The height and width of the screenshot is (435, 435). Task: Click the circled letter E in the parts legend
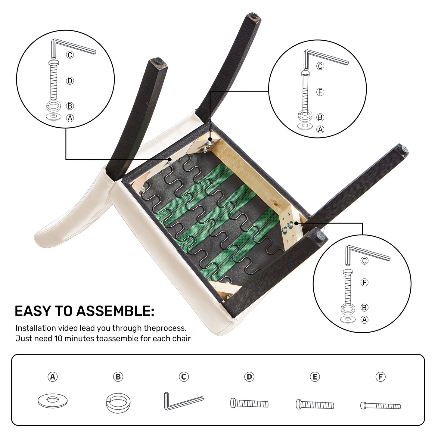pos(315,377)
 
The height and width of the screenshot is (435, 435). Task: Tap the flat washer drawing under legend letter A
pos(52,401)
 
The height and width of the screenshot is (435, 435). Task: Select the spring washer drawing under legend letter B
pos(118,403)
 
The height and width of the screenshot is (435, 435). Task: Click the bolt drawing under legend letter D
pos(249,403)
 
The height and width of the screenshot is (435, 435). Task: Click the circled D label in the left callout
pos(70,81)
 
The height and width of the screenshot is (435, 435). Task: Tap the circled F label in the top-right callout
pos(320,92)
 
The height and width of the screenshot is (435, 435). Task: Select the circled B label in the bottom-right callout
pos(364,307)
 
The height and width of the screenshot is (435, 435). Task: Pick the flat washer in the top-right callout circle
pos(305,126)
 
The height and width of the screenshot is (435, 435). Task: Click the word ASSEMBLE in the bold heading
pos(115,311)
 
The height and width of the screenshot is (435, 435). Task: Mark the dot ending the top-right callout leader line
pos(210,139)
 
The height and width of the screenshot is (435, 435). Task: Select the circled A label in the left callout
pos(70,118)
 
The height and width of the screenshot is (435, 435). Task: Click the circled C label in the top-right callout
pos(320,66)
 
